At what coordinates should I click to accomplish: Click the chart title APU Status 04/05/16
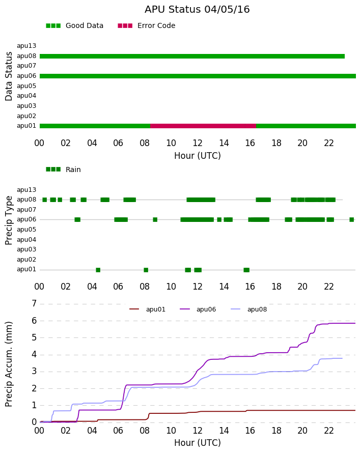[x=197, y=9]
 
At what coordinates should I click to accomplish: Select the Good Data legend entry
[x=74, y=26]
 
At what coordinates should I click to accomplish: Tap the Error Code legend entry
[x=147, y=26]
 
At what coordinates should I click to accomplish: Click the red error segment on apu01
[x=203, y=126]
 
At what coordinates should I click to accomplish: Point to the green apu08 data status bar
[x=192, y=56]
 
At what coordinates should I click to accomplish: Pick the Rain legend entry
[x=63, y=169]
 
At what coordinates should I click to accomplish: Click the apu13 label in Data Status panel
[x=26, y=46]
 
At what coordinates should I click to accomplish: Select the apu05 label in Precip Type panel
[x=26, y=230]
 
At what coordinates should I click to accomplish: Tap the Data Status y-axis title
[x=9, y=76]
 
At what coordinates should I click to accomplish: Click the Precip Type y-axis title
[x=9, y=220]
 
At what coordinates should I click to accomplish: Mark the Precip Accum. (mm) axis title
[x=9, y=364]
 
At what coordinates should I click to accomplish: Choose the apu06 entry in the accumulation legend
[x=198, y=309]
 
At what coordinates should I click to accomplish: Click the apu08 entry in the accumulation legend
[x=249, y=309]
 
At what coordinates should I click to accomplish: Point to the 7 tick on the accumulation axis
[x=35, y=304]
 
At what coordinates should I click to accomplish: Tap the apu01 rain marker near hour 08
[x=146, y=270]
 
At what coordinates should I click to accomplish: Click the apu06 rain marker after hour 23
[x=352, y=220]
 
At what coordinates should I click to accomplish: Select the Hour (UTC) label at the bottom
[x=198, y=443]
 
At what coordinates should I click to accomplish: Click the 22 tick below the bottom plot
[x=329, y=431]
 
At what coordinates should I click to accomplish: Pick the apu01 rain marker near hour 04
[x=98, y=270]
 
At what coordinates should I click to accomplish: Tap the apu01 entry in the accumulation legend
[x=147, y=309]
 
